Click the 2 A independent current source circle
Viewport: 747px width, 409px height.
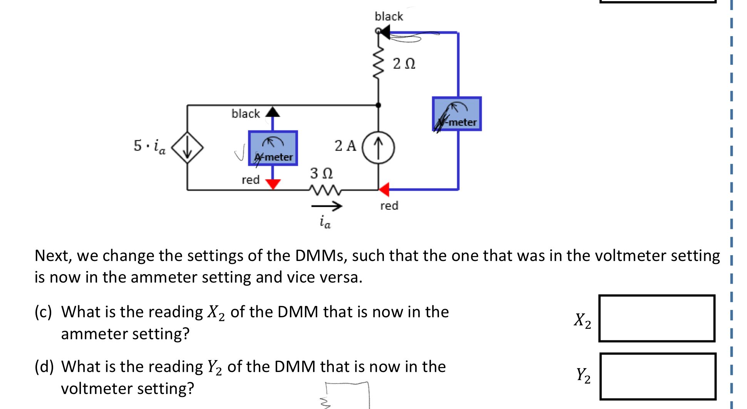point(378,148)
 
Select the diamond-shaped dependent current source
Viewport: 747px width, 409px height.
point(187,147)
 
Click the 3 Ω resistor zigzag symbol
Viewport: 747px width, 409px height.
point(325,190)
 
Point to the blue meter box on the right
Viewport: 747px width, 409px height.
point(457,114)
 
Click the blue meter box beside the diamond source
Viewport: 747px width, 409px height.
point(273,148)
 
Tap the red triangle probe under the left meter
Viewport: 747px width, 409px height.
point(273,184)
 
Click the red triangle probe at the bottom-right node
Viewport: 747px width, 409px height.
point(384,189)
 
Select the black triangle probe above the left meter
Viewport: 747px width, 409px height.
point(273,112)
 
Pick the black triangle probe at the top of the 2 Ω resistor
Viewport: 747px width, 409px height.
point(385,32)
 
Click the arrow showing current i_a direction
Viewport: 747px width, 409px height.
point(327,206)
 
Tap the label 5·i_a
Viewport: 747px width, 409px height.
point(149,146)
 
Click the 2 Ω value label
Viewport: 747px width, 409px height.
point(404,64)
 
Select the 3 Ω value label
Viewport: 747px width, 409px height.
point(321,173)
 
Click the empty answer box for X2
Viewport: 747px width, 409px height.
point(657,318)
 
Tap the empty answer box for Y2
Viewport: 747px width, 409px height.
point(658,376)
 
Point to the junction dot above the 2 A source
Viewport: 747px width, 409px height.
point(378,105)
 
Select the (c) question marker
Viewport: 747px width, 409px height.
point(43,311)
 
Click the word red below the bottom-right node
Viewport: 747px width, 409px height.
point(389,206)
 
